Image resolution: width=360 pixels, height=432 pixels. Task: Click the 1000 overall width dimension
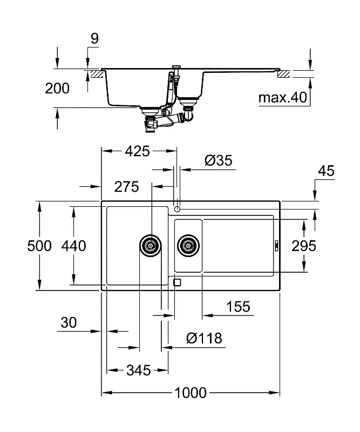[x=191, y=393]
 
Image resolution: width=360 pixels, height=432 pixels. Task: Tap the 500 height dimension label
[x=39, y=246]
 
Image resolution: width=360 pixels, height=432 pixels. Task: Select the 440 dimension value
[x=73, y=246]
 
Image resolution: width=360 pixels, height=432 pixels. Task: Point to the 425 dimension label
[x=137, y=151]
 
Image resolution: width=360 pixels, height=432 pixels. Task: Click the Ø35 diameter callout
[x=219, y=160]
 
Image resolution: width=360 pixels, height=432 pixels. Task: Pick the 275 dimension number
[x=126, y=187]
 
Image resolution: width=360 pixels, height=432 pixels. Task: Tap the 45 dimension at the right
[x=326, y=171]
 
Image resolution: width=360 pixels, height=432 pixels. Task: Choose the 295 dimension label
[x=304, y=246]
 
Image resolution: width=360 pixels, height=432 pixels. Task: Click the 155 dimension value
[x=238, y=306]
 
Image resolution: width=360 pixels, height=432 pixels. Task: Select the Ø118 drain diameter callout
[x=204, y=338]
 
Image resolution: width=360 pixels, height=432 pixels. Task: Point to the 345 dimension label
[x=139, y=370]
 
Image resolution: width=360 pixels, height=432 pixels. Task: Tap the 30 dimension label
[x=69, y=322]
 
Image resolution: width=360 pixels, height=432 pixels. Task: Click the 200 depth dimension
[x=57, y=89]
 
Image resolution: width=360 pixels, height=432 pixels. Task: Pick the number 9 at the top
[x=94, y=38]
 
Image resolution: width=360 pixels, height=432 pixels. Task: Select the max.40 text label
[x=283, y=97]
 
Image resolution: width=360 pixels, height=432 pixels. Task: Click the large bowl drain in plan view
[x=151, y=246]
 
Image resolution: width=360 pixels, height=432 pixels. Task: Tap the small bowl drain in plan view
[x=188, y=246]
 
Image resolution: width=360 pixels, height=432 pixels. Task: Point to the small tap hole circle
[x=177, y=210]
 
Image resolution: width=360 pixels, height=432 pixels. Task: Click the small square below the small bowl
[x=177, y=282]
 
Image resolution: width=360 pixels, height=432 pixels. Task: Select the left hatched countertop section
[x=97, y=74]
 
